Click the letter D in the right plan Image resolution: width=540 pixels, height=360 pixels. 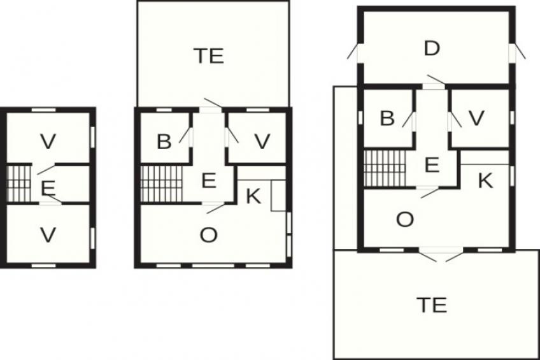(432, 48)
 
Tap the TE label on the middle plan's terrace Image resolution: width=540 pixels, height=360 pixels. (209, 56)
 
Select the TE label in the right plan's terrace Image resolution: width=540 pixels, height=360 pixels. (432, 305)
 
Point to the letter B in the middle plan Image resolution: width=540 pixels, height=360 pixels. (164, 141)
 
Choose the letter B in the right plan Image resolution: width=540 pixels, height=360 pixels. (387, 118)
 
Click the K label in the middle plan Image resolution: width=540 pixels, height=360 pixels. (254, 196)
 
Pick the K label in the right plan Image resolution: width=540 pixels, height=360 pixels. (486, 180)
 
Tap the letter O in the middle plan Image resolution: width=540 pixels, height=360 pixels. (209, 235)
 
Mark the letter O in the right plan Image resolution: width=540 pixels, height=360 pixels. (405, 219)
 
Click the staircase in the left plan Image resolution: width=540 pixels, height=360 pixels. (18, 184)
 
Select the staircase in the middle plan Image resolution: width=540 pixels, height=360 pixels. (161, 184)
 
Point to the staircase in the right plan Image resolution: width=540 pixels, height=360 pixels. (385, 168)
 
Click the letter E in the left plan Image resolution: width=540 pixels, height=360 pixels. (48, 188)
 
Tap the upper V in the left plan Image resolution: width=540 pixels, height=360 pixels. (48, 141)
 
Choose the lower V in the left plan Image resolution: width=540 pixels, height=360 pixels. (48, 235)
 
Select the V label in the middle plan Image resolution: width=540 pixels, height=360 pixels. (262, 141)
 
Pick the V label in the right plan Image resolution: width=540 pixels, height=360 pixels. (476, 118)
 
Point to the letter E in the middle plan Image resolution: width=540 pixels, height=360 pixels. (209, 180)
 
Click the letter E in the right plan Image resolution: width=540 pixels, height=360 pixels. (432, 164)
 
